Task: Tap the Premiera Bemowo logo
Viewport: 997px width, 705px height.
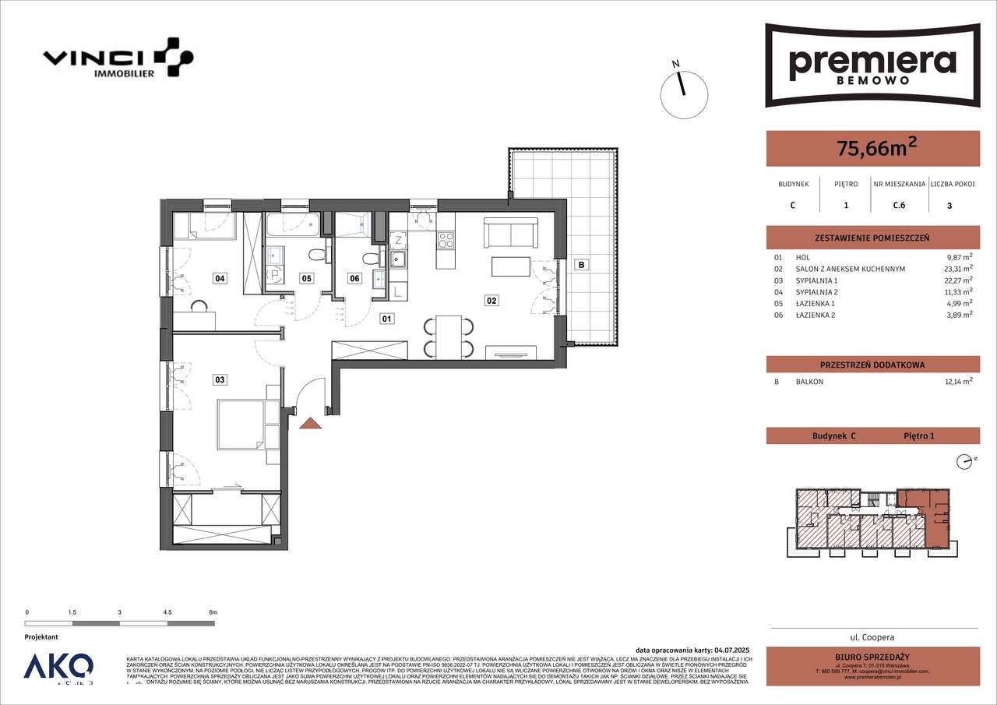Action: tap(872, 65)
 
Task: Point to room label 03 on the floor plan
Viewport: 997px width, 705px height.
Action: tap(220, 379)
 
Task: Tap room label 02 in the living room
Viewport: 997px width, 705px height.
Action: tap(491, 300)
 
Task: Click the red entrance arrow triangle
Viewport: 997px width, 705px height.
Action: tap(311, 424)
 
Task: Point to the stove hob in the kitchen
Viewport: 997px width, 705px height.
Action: tap(446, 241)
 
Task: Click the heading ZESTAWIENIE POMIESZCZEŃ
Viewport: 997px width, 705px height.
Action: tap(872, 238)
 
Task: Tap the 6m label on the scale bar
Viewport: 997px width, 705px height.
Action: tap(213, 613)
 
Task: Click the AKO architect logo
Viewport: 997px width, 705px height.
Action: tap(58, 668)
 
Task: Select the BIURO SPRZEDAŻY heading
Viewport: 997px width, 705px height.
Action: tap(872, 657)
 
